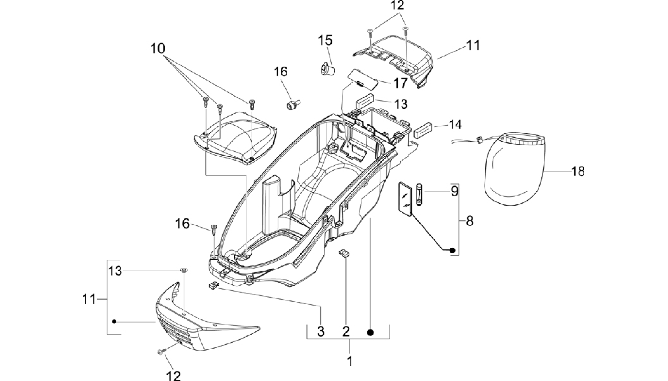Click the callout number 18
[x=578, y=171]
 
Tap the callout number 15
[x=326, y=41]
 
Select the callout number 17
[x=400, y=83]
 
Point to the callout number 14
[x=455, y=125]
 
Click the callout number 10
[x=158, y=49]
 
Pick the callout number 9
[x=454, y=191]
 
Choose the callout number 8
[x=469, y=221]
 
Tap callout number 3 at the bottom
[x=321, y=332]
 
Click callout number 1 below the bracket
[x=349, y=361]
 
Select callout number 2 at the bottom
[x=346, y=332]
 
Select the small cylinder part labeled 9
[x=419, y=195]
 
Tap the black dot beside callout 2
[x=370, y=333]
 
